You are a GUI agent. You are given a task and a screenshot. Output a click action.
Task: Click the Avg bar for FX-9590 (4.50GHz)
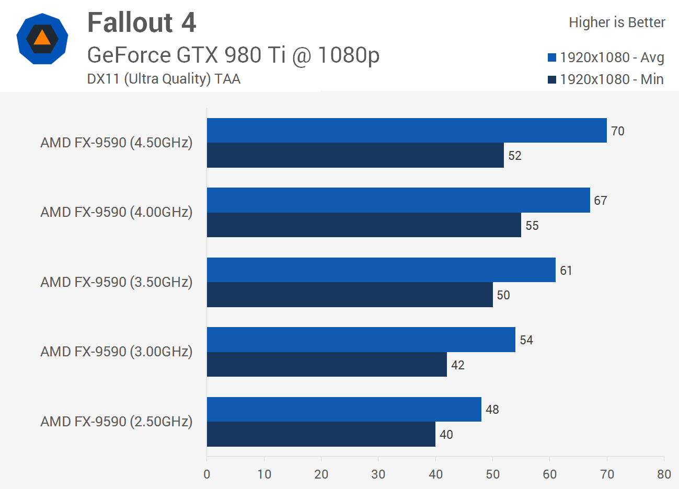point(407,131)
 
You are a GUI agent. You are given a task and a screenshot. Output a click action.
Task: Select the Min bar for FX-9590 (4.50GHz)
point(355,155)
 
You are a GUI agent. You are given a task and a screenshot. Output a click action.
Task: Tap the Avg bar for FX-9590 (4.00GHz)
point(398,200)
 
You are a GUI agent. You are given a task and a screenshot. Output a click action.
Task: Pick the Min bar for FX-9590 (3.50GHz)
point(350,295)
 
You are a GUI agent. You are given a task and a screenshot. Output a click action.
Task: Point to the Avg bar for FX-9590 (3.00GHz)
point(361,340)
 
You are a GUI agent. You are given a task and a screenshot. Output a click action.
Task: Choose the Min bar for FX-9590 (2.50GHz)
point(321,434)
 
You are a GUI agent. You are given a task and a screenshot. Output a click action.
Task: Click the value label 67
point(601,201)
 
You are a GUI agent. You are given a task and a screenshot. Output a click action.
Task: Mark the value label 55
point(532,226)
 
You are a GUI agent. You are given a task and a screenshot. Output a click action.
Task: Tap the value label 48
point(492,410)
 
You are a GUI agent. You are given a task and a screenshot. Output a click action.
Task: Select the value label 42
point(458,365)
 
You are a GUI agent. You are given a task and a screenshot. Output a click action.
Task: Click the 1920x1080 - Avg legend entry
point(606,57)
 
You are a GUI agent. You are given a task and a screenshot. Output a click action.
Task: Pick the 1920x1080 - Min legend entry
point(606,79)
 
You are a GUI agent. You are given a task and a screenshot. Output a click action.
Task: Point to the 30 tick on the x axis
point(378,474)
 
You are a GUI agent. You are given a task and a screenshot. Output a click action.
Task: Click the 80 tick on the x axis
point(664,474)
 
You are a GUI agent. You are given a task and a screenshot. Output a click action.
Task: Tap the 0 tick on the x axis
point(207,474)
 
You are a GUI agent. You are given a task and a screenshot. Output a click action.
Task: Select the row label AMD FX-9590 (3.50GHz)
point(117,282)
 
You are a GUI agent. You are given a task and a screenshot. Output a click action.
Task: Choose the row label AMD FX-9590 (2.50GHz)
point(117,422)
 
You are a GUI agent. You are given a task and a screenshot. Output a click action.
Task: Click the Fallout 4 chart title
point(142,22)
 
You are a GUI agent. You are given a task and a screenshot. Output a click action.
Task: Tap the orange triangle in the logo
point(42,38)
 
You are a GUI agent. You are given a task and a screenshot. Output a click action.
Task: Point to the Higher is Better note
point(617,22)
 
